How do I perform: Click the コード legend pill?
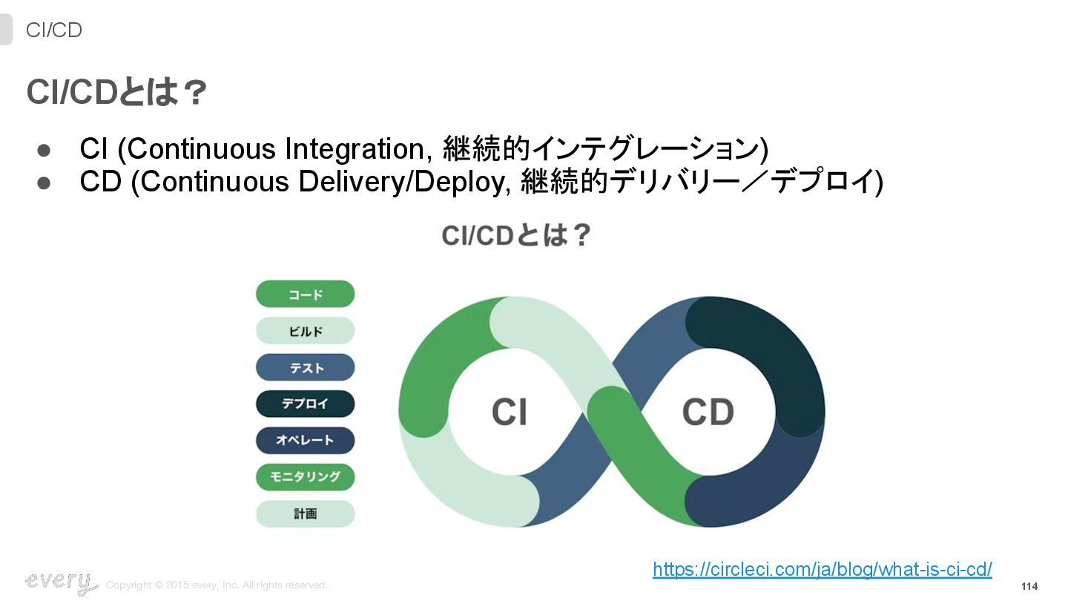click(305, 294)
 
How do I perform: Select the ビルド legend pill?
click(305, 331)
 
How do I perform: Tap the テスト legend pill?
click(305, 367)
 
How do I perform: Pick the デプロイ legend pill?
click(305, 404)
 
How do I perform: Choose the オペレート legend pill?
click(305, 440)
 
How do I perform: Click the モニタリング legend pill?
click(305, 476)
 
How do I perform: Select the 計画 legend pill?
click(305, 513)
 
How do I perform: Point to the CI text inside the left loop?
click(510, 412)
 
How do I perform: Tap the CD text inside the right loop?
click(708, 412)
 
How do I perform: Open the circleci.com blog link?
click(822, 569)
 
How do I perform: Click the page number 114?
click(1029, 586)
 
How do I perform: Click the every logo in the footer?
click(60, 582)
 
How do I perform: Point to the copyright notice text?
click(217, 585)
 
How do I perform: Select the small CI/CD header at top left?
click(53, 30)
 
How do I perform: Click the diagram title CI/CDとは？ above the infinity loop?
click(516, 236)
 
